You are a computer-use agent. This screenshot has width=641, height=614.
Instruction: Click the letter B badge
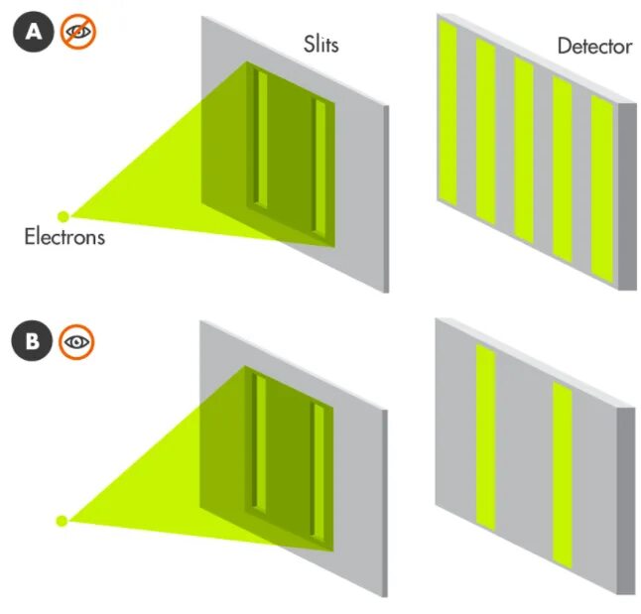click(x=33, y=343)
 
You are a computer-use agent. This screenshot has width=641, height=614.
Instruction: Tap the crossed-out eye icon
click(x=78, y=33)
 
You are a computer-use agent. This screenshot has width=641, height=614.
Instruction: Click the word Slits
click(x=320, y=44)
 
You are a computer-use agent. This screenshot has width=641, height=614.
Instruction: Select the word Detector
click(x=594, y=47)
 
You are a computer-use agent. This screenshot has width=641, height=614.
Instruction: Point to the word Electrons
click(x=64, y=237)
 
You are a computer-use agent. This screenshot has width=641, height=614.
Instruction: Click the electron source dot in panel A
click(x=64, y=215)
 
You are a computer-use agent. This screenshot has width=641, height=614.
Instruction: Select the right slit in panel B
click(x=320, y=469)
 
